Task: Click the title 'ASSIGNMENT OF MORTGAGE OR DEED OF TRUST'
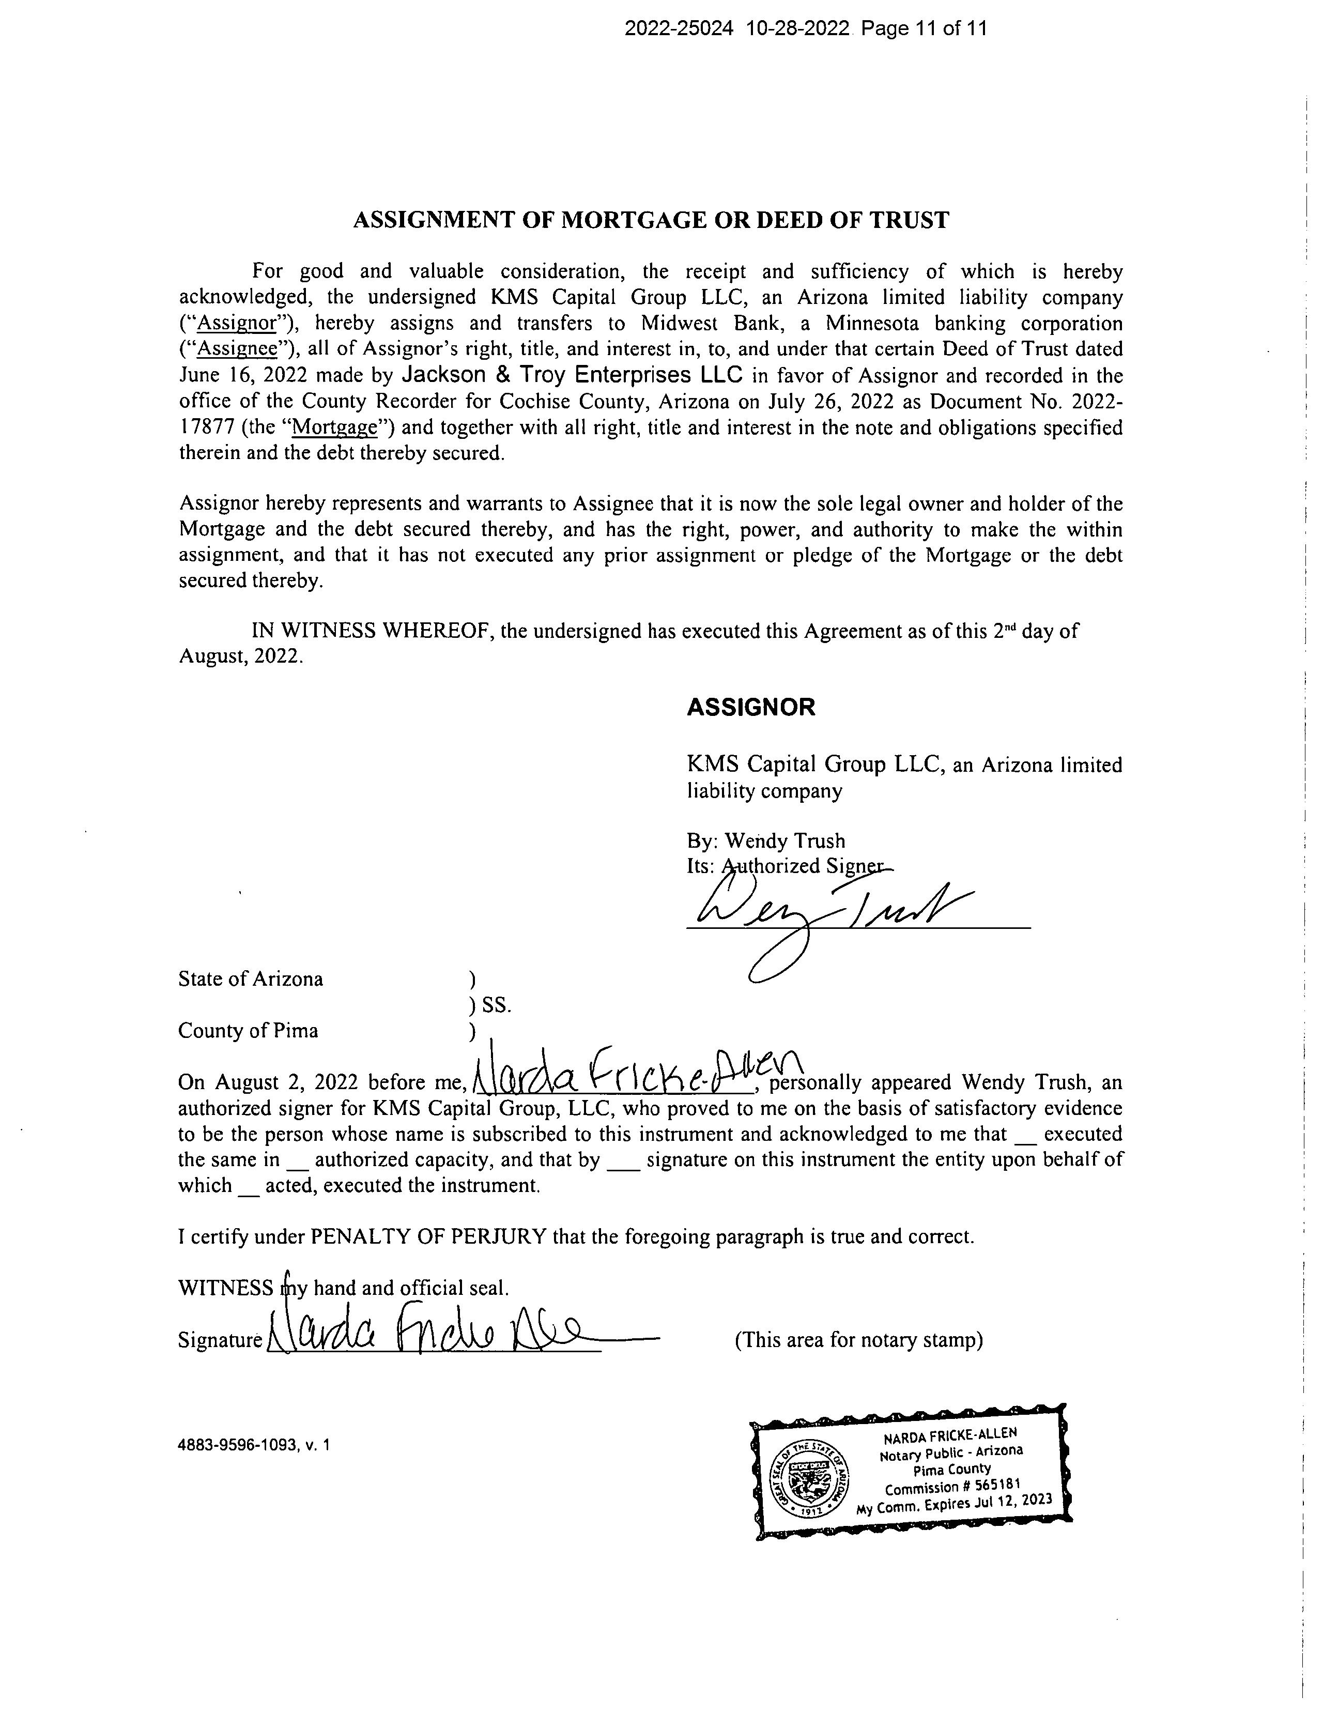[651, 220]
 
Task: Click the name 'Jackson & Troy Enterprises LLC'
[572, 375]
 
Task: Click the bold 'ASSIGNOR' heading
[751, 707]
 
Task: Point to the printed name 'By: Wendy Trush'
[766, 841]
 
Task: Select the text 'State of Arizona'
[251, 979]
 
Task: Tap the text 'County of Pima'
[249, 1030]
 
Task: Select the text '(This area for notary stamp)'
[858, 1340]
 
